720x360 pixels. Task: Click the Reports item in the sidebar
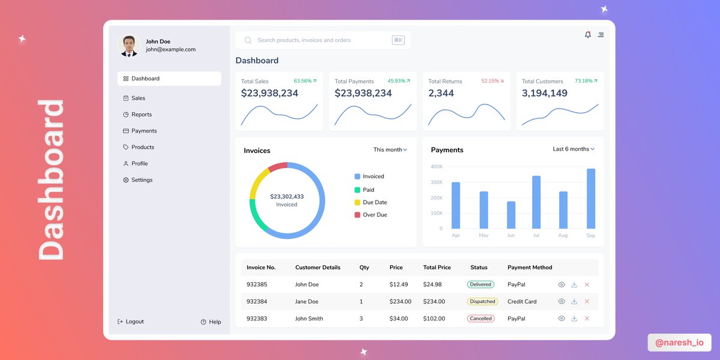coord(141,115)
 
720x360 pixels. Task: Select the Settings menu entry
coord(142,180)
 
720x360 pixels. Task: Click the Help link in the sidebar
coord(211,322)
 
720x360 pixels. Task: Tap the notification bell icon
coord(588,35)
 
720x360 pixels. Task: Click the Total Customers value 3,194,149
coord(544,94)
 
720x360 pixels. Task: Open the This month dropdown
coord(390,150)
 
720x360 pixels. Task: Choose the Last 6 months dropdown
coord(573,149)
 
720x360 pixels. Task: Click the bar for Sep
coord(591,199)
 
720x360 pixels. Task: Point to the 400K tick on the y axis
coord(436,167)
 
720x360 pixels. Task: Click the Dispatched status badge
coord(482,302)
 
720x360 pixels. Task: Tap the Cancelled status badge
coord(481,319)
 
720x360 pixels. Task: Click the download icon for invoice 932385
coord(574,284)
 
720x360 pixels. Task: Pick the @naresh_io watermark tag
coord(679,343)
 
